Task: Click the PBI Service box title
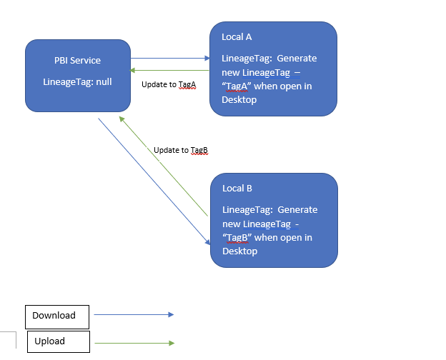click(x=78, y=61)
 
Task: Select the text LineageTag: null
click(x=78, y=81)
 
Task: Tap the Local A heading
click(x=237, y=36)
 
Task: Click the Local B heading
click(x=237, y=189)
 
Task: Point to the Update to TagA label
click(x=169, y=84)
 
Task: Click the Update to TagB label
click(x=180, y=151)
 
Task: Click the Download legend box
click(x=57, y=316)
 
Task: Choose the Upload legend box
click(x=58, y=341)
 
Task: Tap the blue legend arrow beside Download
click(x=134, y=314)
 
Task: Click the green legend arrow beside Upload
click(x=134, y=344)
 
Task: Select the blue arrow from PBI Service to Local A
click(x=170, y=59)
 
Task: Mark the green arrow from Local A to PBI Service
click(x=170, y=70)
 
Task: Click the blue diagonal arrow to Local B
click(x=154, y=181)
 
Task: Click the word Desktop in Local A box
click(x=239, y=100)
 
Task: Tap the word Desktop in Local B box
click(x=239, y=251)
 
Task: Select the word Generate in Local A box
click(x=297, y=58)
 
